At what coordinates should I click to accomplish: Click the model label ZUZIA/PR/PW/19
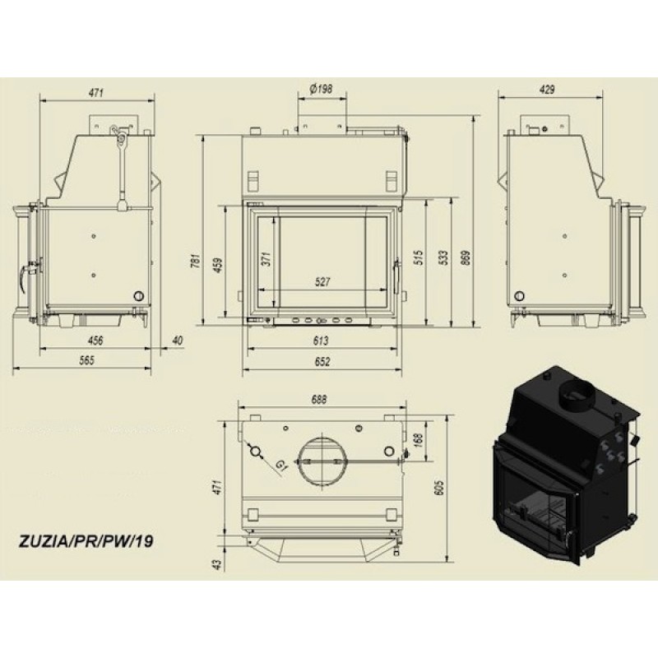coord(86,541)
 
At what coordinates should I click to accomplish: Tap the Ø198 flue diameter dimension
coord(321,89)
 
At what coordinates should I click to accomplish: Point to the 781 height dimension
coord(197,262)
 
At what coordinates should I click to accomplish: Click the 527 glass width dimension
coord(322,281)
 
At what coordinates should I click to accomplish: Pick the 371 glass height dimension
coord(267,258)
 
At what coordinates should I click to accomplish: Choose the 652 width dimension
coord(322,361)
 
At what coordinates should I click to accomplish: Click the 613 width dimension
coord(321,341)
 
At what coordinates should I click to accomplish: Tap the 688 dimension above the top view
coord(319,400)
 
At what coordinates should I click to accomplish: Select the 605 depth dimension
coord(439,488)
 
